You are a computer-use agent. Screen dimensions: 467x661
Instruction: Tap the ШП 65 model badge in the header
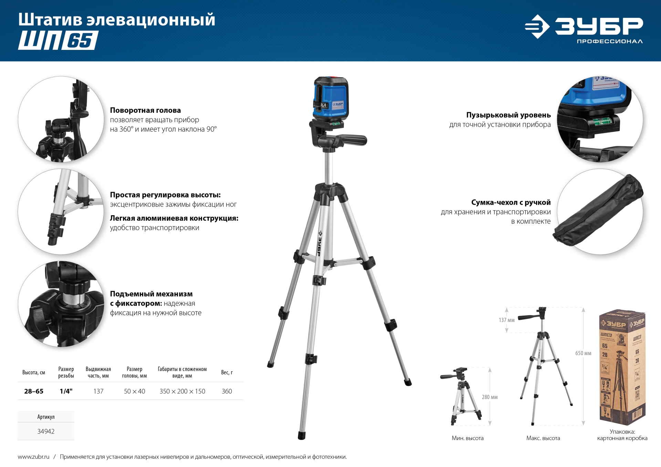[58, 40]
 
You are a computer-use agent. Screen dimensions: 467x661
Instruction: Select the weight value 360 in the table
[227, 391]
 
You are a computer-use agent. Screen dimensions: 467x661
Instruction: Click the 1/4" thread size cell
[66, 391]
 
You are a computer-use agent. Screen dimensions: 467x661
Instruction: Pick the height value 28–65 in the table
[34, 391]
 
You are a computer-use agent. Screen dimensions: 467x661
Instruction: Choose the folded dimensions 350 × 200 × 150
[182, 391]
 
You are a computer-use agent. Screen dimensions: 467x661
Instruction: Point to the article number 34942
[46, 431]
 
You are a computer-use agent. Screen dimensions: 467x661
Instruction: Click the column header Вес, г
[227, 372]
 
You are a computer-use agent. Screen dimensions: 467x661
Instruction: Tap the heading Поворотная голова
[145, 110]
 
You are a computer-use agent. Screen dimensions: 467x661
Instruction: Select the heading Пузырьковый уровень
[508, 115]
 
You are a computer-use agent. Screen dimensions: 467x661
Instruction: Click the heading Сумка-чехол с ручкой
[511, 202]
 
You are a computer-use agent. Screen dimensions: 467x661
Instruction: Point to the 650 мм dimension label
[583, 353]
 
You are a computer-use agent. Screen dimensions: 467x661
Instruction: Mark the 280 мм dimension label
[490, 397]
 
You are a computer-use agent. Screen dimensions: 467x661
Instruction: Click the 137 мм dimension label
[506, 320]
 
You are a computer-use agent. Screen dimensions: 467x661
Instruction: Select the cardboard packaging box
[622, 367]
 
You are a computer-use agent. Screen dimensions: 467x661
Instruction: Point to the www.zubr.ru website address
[33, 457]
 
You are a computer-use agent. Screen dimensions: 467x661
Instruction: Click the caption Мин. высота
[468, 438]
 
